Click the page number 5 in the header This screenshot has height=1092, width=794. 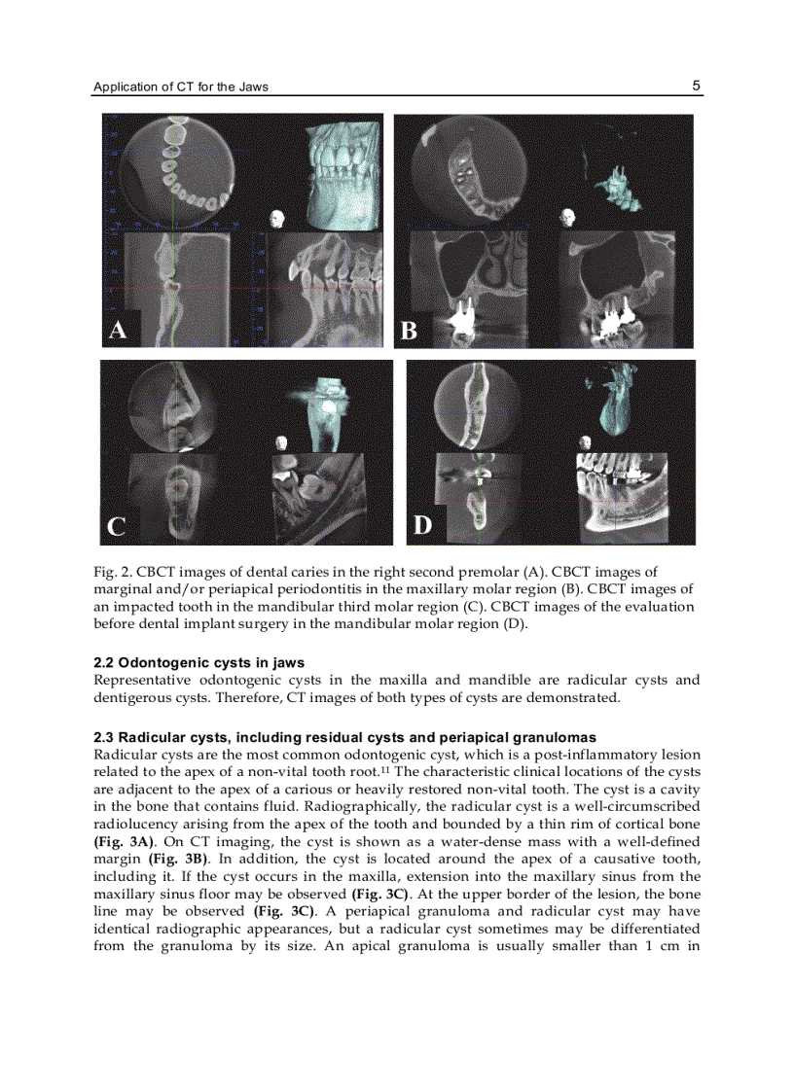coord(696,86)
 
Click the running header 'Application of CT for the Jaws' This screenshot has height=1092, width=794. coord(181,87)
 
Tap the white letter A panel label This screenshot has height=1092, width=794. coord(117,331)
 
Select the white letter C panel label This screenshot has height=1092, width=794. coord(116,527)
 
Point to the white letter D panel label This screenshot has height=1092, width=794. coord(421,526)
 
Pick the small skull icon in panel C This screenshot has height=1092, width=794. coord(283,442)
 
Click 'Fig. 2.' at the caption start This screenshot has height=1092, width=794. coord(112,572)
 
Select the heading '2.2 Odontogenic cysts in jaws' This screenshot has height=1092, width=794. coord(198,663)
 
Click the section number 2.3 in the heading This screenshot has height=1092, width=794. coord(104,738)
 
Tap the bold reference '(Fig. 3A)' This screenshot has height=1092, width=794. coord(124,841)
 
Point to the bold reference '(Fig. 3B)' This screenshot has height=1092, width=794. coord(178,859)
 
